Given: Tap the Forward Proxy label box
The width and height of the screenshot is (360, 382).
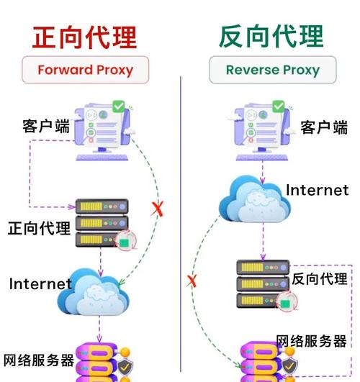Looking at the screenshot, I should point(84,71).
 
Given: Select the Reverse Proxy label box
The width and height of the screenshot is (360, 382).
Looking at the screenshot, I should point(272,71).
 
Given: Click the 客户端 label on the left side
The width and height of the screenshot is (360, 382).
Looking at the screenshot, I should point(46,127).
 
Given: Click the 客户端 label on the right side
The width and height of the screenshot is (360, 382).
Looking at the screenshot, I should point(323,127).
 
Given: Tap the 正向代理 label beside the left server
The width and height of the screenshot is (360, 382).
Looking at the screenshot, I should point(39,229).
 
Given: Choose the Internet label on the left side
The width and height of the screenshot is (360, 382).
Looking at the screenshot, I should point(40,283).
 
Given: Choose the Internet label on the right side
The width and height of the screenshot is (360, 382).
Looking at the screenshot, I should point(317,191).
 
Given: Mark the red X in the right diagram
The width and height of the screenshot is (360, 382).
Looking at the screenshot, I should point(192,280).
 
